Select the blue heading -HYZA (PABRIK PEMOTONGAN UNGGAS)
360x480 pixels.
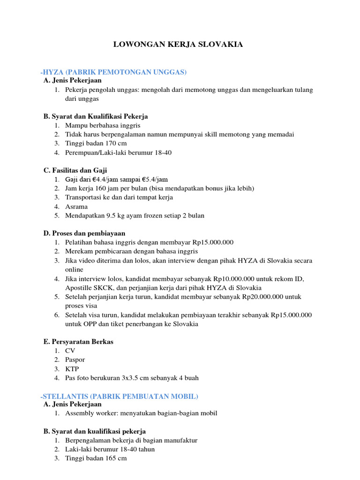[113, 72]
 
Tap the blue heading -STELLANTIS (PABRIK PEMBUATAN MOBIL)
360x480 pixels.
[120, 397]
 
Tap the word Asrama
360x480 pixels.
[76, 206]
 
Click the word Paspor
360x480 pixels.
[75, 360]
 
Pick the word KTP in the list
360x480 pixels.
[72, 368]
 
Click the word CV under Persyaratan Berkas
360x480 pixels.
[70, 351]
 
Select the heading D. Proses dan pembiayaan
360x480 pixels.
[84, 233]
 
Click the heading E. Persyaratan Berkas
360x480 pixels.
[78, 342]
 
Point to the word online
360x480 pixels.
[74, 270]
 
